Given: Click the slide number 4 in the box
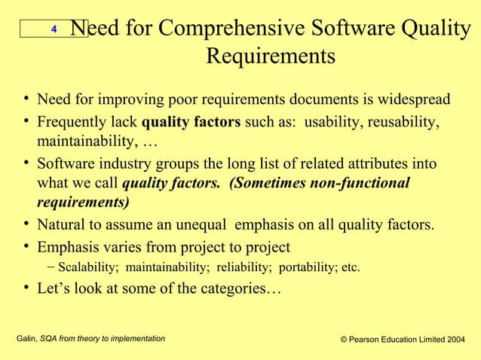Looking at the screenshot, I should (x=54, y=29).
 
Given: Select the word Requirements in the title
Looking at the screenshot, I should (x=271, y=57).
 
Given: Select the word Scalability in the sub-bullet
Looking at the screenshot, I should (x=88, y=267).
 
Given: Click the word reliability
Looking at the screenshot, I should (x=244, y=267).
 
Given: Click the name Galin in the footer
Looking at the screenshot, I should (x=26, y=340).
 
